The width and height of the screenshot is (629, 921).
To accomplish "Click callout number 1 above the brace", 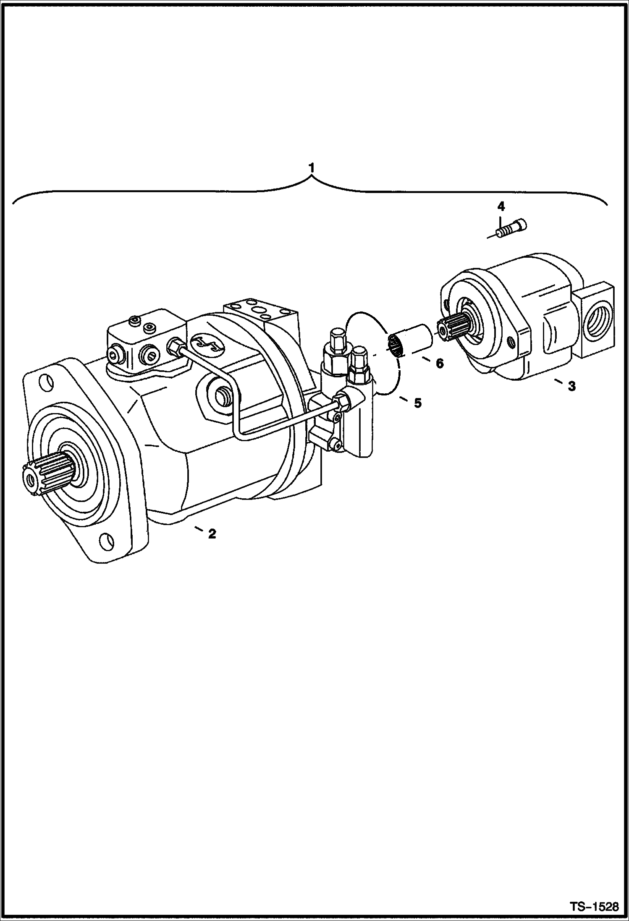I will pyautogui.click(x=311, y=168).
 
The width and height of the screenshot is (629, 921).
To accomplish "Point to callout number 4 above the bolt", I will pyautogui.click(x=501, y=206).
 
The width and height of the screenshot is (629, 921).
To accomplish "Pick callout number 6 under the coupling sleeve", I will pyautogui.click(x=439, y=363).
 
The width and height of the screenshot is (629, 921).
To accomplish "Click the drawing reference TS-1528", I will pyautogui.click(x=594, y=907).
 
